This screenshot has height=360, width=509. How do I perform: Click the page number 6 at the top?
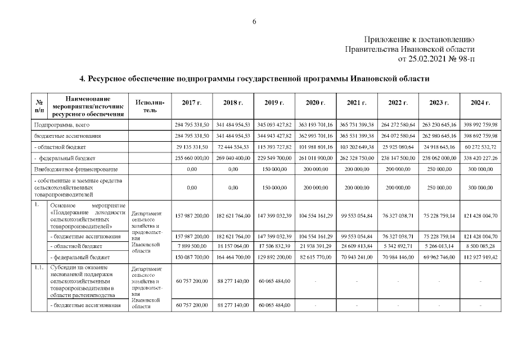pyautogui.click(x=254, y=21)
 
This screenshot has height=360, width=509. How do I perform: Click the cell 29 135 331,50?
pyautogui.click(x=193, y=146)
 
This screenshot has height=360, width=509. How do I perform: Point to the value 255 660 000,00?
pyautogui.click(x=193, y=157)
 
